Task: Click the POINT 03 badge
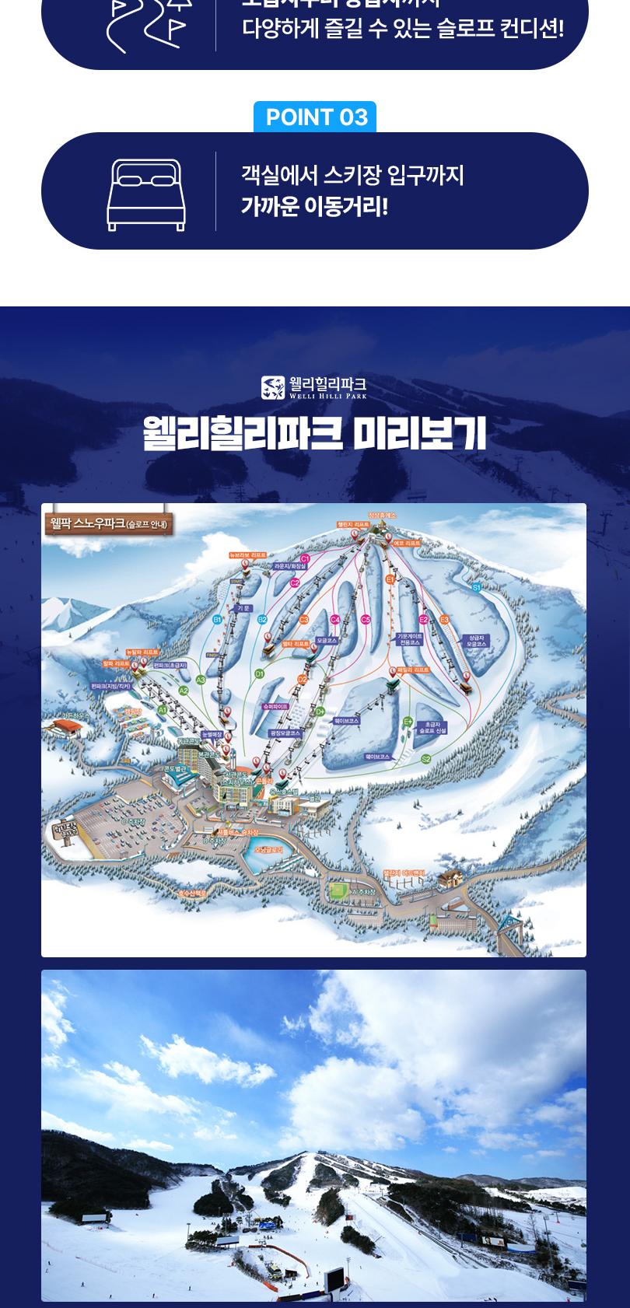pos(315,117)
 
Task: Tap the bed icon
pos(146,194)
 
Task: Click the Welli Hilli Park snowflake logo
pos(273,387)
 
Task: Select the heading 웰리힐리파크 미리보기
pos(315,434)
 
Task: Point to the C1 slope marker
pos(305,558)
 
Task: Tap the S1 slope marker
pos(476,588)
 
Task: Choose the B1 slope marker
pos(218,619)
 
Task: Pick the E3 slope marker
pos(445,619)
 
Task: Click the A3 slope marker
pos(201,680)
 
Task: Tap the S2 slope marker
pos(425,759)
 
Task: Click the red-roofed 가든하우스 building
pos(66,728)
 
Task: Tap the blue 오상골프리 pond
pos(263,852)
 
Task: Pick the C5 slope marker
pos(366,620)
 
